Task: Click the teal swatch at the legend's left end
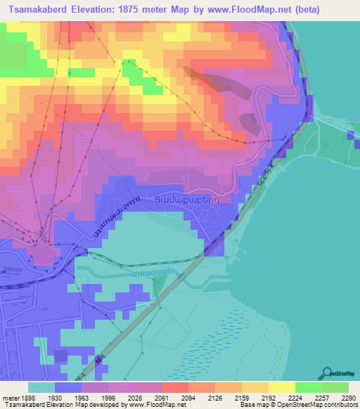click(41, 387)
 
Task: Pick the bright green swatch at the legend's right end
click(335, 387)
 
